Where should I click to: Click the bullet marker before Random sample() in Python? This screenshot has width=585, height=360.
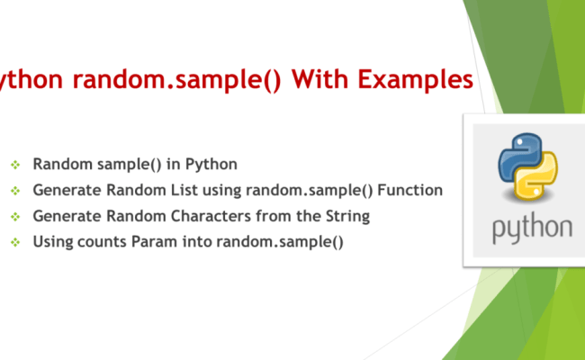tap(14, 165)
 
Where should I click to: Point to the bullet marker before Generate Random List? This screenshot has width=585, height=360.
tap(14, 191)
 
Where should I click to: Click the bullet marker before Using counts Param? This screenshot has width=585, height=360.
tap(14, 242)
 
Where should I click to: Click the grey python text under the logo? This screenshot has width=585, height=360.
tap(531, 228)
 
